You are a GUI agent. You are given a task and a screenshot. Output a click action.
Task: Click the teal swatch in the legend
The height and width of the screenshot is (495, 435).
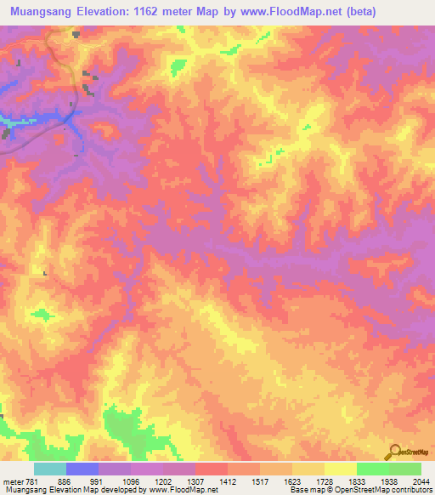(50, 469)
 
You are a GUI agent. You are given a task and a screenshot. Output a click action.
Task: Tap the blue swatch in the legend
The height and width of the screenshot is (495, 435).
(82, 469)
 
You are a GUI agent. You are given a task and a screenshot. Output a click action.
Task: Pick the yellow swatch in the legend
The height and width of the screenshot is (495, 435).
(340, 469)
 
